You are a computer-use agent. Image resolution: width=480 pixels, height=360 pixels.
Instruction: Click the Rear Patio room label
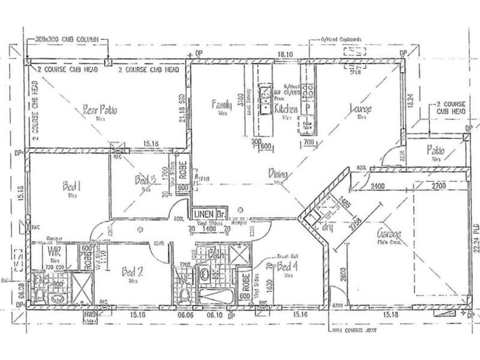pyautogui.click(x=100, y=110)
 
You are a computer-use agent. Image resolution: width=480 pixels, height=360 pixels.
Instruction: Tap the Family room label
pyautogui.click(x=221, y=105)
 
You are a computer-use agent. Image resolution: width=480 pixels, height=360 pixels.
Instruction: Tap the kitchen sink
pyautogui.click(x=265, y=100)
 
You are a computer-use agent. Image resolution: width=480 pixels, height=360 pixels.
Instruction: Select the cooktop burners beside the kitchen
pyautogui.click(x=309, y=91)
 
